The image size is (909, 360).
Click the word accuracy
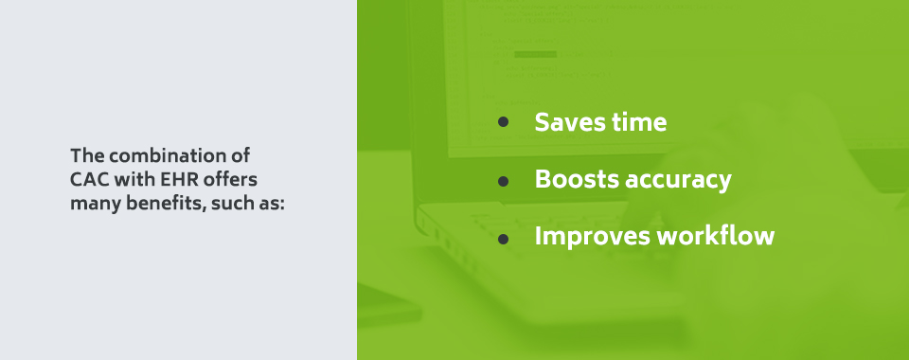[x=680, y=180]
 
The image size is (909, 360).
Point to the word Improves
[x=592, y=236]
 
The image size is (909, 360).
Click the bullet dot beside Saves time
[x=504, y=122]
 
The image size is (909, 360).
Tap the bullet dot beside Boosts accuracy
[x=504, y=180]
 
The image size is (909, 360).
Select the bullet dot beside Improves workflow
[x=504, y=237]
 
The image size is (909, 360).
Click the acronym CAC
[x=89, y=179]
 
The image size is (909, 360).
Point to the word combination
[x=177, y=154]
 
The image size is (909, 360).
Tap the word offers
[x=232, y=179]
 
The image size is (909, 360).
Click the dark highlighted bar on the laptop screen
[x=535, y=54]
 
